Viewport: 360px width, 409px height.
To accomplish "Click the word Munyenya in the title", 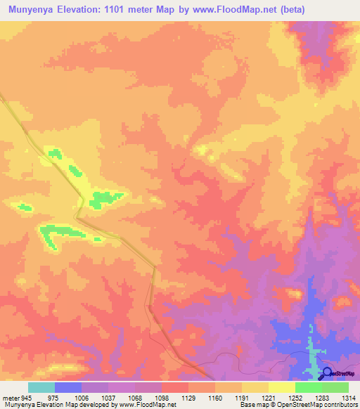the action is (x=34, y=10).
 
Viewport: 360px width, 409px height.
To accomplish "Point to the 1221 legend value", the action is (x=269, y=397).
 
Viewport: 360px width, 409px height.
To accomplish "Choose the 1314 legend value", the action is (x=349, y=397).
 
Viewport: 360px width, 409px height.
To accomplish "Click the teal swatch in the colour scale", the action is (x=41, y=387).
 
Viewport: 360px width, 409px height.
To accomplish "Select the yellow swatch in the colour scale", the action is (x=281, y=387).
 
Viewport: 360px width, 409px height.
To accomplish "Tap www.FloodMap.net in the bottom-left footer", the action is (x=147, y=405).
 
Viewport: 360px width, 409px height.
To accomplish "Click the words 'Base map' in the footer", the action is (x=251, y=405).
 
